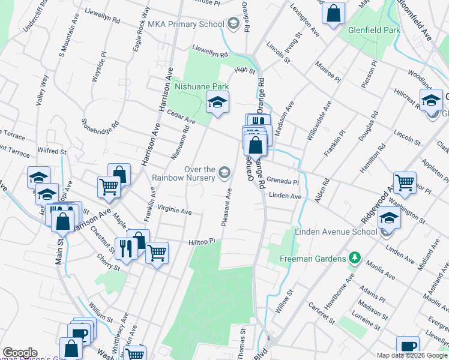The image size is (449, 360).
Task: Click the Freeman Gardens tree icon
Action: point(355,259)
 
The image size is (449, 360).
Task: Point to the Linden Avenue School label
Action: point(336,232)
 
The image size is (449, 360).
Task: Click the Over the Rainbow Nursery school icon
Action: point(224,173)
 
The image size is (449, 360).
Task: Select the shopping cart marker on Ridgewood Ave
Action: point(405,183)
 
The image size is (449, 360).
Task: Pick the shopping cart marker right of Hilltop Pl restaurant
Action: point(157,253)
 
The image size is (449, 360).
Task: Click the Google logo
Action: point(20,353)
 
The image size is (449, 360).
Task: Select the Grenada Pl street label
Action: point(283,181)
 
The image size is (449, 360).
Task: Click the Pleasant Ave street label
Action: point(227,208)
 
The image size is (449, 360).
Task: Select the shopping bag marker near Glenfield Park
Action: point(333,12)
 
